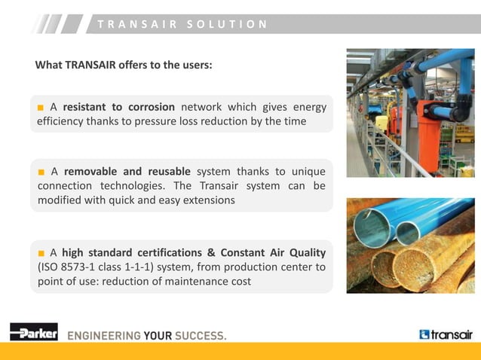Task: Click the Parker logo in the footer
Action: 34,332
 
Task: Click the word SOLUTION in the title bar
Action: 234,24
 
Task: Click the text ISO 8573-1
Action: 70,267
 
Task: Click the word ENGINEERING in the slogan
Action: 104,335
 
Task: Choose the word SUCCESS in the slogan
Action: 200,335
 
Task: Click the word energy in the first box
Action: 309,107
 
